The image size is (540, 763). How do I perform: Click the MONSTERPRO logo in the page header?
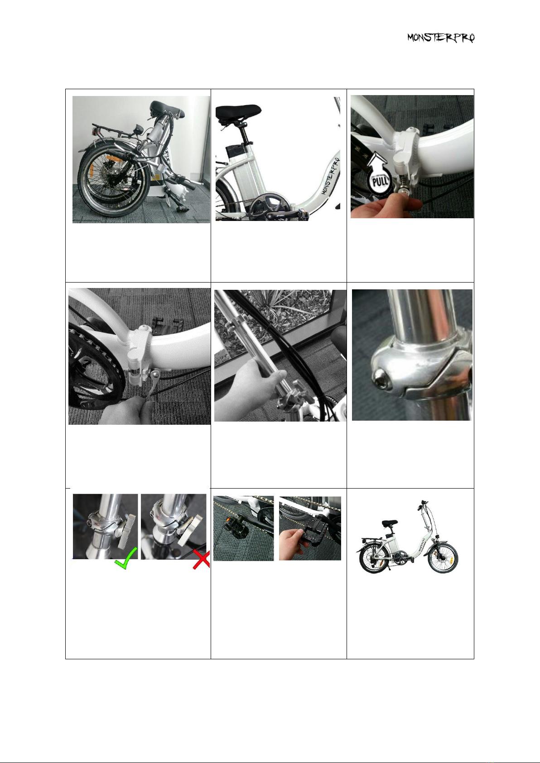point(441,38)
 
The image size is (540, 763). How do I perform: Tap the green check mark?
point(125,558)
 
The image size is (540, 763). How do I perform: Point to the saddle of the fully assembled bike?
point(390,522)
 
